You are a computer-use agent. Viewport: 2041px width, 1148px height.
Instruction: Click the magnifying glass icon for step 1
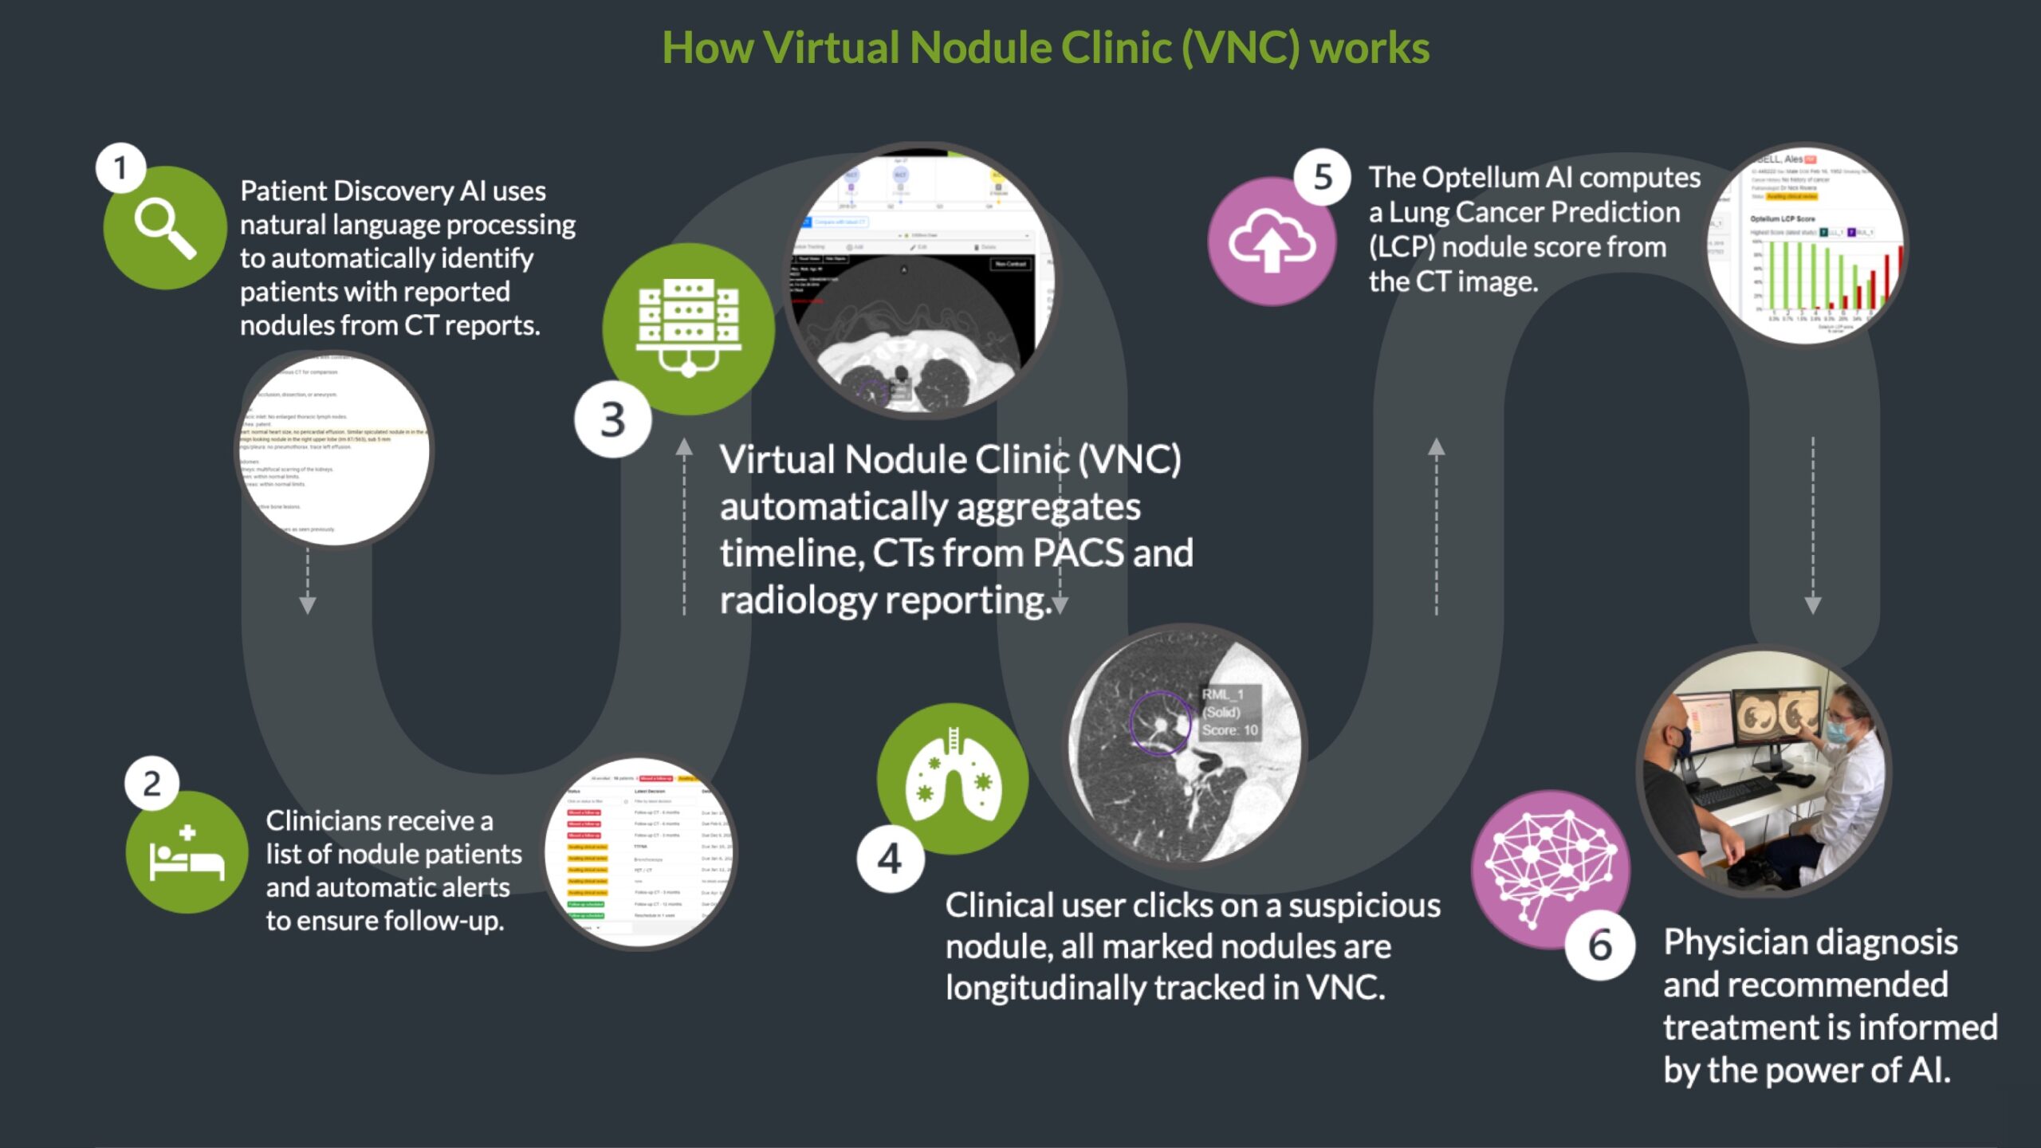coord(165,228)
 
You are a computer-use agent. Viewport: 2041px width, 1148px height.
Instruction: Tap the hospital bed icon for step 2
coord(187,853)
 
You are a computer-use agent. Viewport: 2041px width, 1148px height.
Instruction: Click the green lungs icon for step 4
coord(952,778)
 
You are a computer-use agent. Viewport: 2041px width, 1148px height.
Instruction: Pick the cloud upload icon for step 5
coord(1271,241)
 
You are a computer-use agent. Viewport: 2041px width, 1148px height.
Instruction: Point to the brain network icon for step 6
coord(1550,869)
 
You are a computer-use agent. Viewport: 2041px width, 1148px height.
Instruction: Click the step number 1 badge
coord(120,168)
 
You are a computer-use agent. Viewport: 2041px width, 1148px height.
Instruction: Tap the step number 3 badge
coord(612,419)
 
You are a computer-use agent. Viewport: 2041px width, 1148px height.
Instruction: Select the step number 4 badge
coord(890,859)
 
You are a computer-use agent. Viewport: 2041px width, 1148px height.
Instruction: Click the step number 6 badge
coord(1600,946)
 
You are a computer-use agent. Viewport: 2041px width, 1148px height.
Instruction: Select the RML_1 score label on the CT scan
coord(1230,712)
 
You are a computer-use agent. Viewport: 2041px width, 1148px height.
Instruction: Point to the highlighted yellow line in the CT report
coord(335,435)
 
